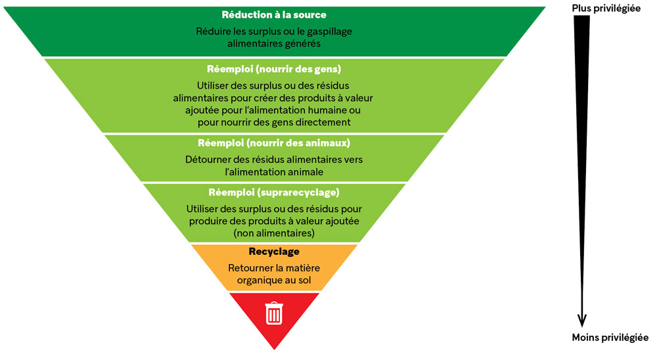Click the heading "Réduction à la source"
click(273, 14)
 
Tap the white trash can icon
click(273, 313)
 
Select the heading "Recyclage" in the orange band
click(274, 252)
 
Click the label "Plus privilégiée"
click(606, 9)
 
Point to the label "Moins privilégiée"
click(610, 338)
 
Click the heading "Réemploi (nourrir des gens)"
click(273, 68)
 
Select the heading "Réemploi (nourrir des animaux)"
click(273, 143)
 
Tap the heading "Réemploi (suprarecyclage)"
click(273, 192)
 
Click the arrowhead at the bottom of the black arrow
click(581, 320)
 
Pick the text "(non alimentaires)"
click(273, 233)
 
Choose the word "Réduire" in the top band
click(213, 31)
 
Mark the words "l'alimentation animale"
click(273, 171)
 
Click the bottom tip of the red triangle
click(274, 348)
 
